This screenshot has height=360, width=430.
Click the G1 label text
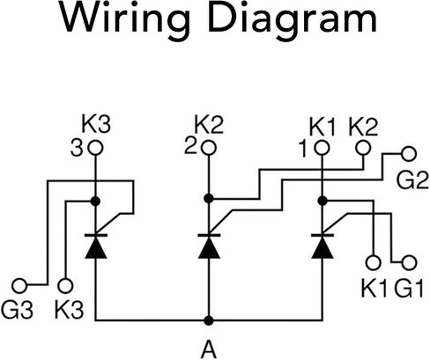point(409,289)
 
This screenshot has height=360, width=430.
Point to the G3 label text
point(17,310)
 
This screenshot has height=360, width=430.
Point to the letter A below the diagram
point(209,349)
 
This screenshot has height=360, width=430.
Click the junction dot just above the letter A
point(209,320)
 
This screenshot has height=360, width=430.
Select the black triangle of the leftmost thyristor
point(96,248)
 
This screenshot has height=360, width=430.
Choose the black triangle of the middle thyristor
point(209,248)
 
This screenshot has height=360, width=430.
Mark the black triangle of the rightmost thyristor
point(322,248)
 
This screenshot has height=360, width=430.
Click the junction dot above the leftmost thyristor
point(95,202)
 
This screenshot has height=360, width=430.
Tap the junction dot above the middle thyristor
point(209,199)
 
